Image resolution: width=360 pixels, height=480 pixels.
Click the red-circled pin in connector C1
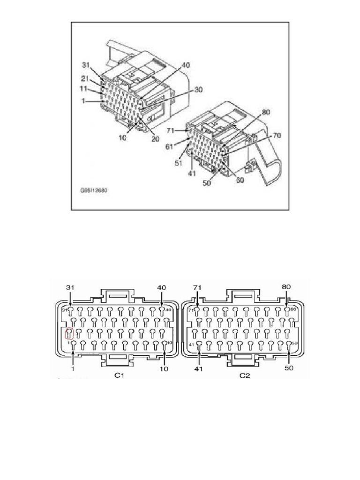tap(69, 334)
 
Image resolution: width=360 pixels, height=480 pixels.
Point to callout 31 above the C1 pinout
tap(70, 287)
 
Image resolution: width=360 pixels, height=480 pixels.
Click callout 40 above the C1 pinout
tap(162, 287)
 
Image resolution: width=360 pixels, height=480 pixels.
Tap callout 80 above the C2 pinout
tap(286, 286)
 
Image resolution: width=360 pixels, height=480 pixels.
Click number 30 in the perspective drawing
tap(199, 90)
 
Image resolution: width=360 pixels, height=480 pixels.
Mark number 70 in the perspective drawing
tap(277, 136)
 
